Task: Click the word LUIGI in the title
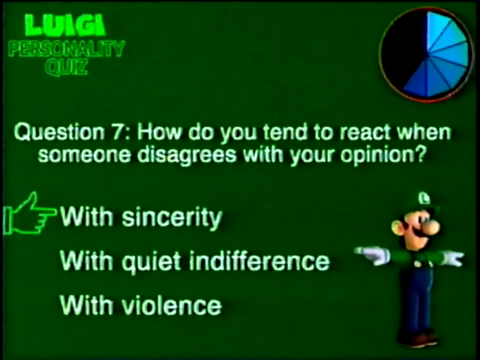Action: point(65,25)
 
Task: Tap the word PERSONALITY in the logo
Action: point(67,49)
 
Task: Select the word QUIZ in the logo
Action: point(66,67)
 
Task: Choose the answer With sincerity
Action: point(141,217)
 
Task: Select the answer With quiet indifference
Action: point(195,262)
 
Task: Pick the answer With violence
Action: point(141,305)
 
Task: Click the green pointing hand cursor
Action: point(29,214)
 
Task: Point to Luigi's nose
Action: point(433,228)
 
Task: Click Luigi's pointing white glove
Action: point(373,256)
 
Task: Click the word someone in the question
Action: point(86,155)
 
